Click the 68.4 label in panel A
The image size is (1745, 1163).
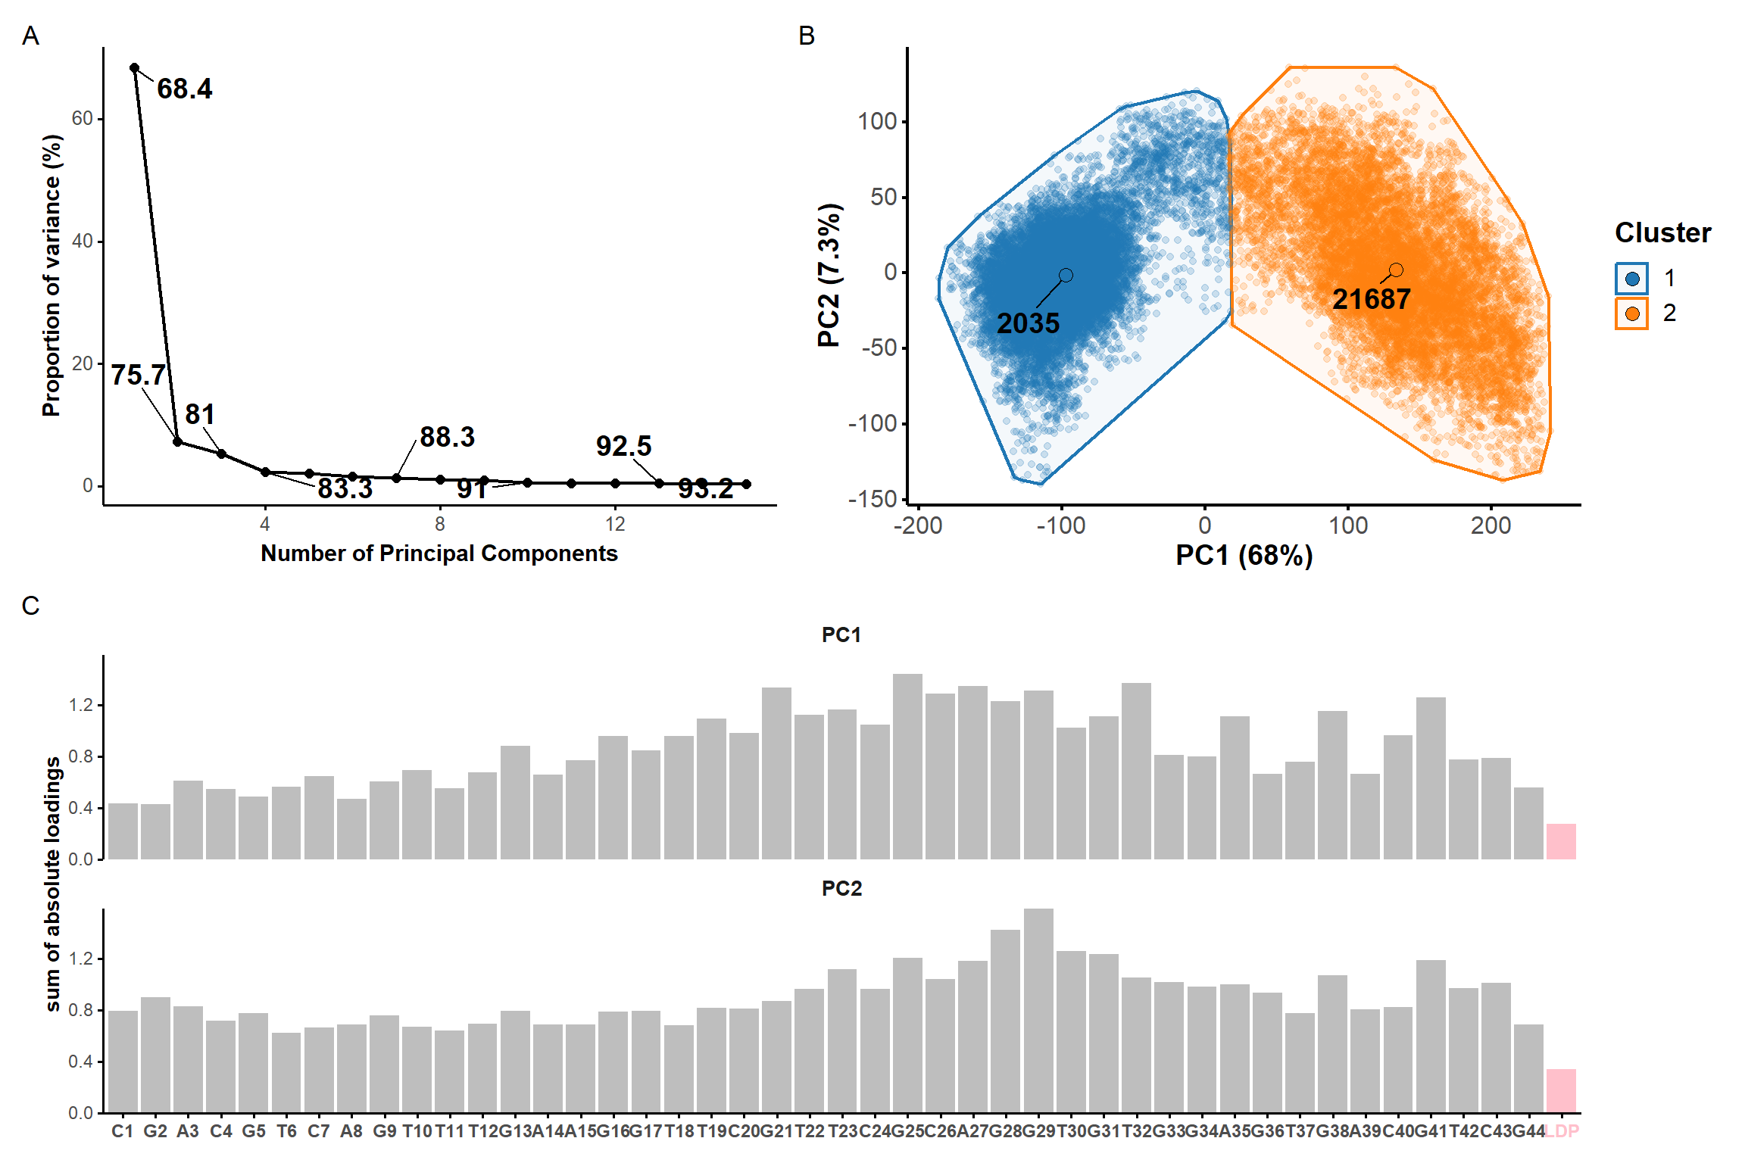pos(184,89)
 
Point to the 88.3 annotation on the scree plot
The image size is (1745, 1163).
pos(447,438)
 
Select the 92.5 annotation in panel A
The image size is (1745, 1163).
pos(623,447)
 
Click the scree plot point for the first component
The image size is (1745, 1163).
pos(135,68)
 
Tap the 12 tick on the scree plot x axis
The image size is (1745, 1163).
pos(615,524)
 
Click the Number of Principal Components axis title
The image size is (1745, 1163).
pos(439,553)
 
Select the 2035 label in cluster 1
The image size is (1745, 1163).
pos(1028,324)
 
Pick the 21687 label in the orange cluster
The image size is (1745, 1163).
pos(1371,300)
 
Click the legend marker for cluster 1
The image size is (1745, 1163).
pos(1632,279)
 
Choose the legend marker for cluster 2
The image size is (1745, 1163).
pos(1632,313)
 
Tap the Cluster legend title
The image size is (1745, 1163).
pos(1662,233)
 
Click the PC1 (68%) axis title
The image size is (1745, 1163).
pos(1244,556)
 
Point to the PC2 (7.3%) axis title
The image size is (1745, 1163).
pos(830,275)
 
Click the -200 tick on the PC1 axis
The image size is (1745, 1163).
pos(918,525)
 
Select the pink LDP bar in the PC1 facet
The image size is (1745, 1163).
pos(1561,842)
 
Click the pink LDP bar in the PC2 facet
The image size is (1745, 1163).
pos(1561,1091)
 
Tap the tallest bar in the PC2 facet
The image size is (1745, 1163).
pos(1038,1011)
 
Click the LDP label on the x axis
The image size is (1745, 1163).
pos(1562,1131)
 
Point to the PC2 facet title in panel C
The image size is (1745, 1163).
pos(841,888)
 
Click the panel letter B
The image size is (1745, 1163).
pos(807,36)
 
